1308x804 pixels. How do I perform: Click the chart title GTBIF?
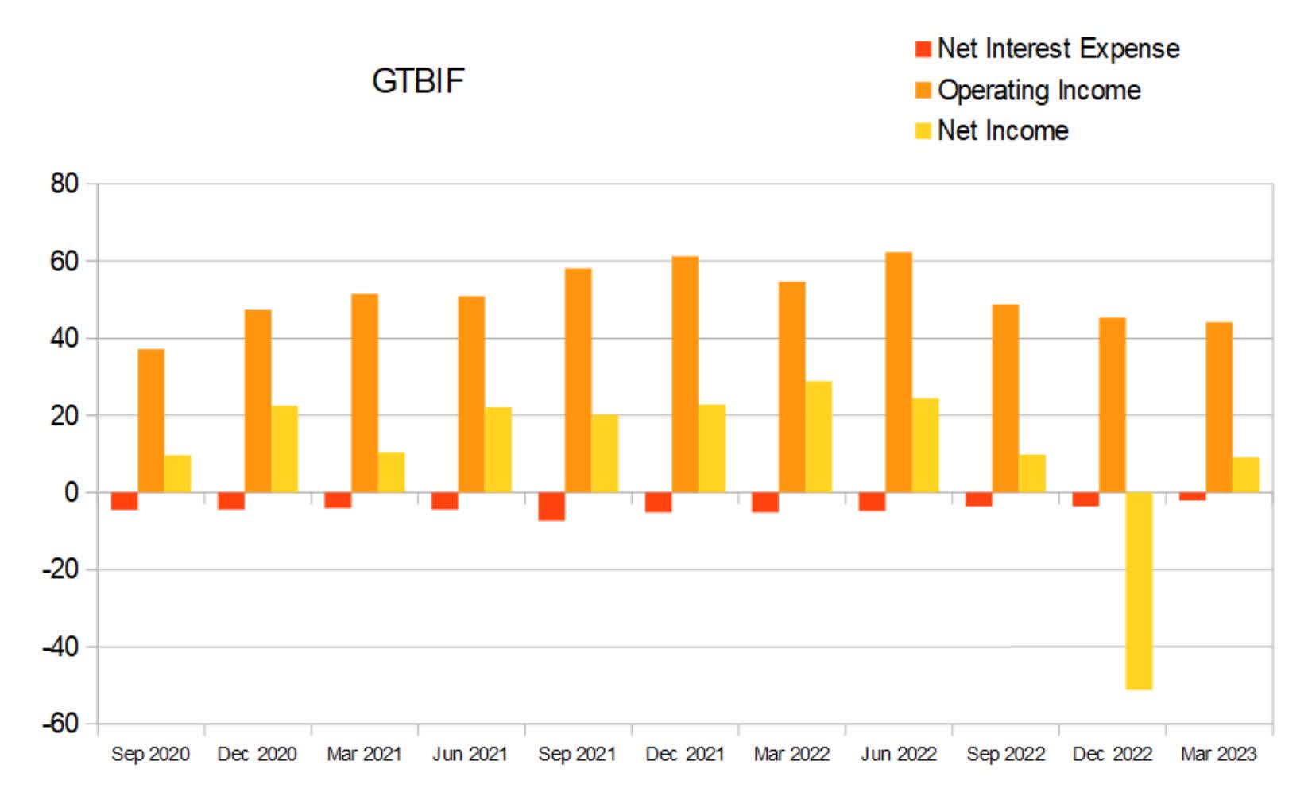tap(418, 81)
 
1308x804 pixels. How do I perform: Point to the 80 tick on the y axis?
tap(64, 184)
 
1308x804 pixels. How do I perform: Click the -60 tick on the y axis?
tap(60, 724)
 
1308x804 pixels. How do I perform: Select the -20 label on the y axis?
tap(60, 569)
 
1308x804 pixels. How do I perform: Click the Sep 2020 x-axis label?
tap(150, 754)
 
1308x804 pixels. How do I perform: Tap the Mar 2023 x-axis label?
tap(1218, 754)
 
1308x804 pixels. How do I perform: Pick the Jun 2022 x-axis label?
tap(898, 754)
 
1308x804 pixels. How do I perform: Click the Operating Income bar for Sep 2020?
tap(151, 421)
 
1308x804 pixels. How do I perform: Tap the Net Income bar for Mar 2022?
tap(818, 437)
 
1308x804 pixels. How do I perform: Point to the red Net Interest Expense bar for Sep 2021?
tap(551, 506)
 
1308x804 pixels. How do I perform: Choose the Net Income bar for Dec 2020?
tap(284, 449)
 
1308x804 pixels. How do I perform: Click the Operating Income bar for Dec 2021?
tap(685, 375)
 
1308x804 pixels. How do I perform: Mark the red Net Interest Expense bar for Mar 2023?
tap(1192, 496)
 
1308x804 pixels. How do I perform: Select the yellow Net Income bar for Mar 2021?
tap(391, 472)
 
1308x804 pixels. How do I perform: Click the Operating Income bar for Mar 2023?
tap(1219, 407)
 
